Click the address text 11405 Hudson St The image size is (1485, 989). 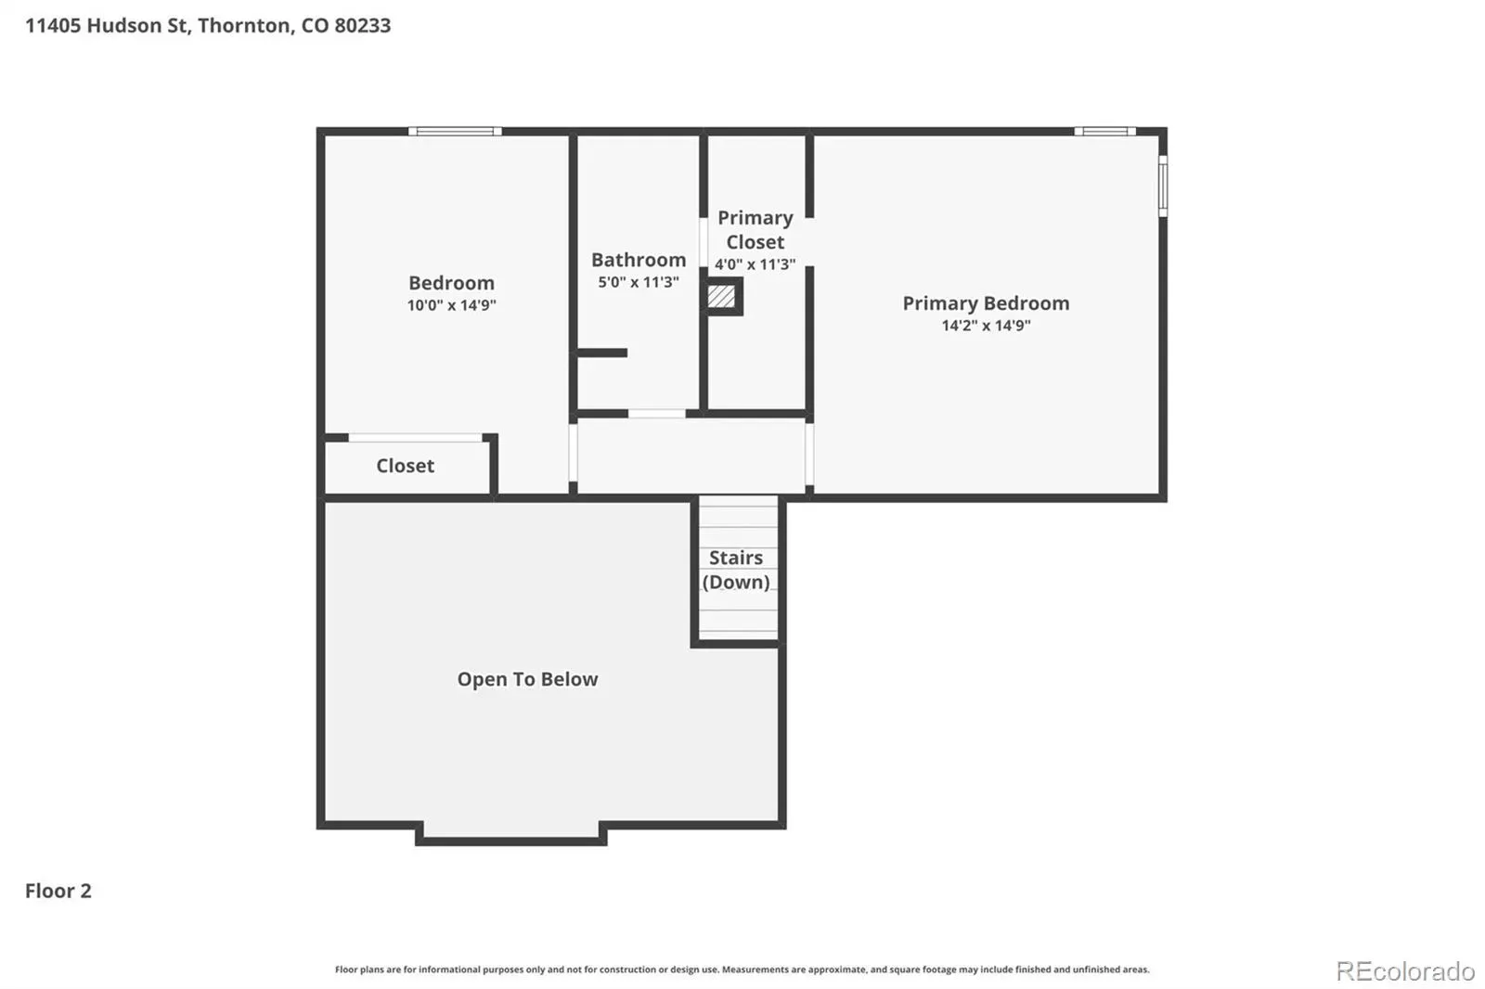click(108, 26)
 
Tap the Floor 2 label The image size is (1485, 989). click(58, 891)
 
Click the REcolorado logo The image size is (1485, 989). click(1405, 971)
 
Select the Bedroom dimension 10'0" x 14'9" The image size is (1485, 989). click(451, 305)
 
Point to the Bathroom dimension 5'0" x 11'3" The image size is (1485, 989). click(639, 282)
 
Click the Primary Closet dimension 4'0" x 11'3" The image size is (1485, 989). click(755, 263)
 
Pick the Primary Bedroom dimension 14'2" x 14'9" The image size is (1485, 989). click(986, 325)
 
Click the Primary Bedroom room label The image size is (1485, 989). click(986, 303)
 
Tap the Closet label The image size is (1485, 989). click(405, 466)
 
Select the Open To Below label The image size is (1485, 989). click(528, 679)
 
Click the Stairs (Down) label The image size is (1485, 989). click(736, 570)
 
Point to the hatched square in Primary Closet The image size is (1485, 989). click(721, 296)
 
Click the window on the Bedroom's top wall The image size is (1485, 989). click(455, 131)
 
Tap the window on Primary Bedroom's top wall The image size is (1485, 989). click(1104, 131)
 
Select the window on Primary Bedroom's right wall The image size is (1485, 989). click(1163, 186)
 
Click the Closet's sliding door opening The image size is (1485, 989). click(416, 438)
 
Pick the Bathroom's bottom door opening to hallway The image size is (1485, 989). click(657, 414)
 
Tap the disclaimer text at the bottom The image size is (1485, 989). click(742, 970)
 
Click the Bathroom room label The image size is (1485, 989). click(639, 260)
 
